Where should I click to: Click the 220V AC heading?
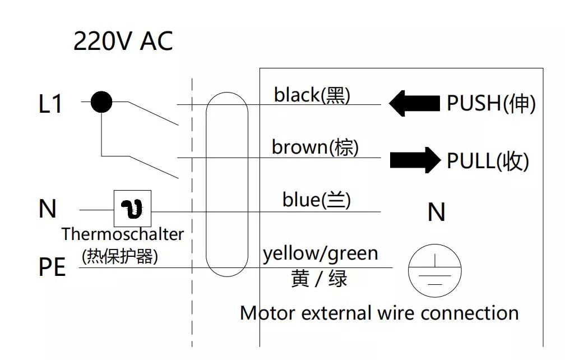[123, 41]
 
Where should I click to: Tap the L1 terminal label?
[50, 104]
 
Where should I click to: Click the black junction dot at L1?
[101, 102]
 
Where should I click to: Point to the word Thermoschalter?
[122, 233]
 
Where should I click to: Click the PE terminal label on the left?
[52, 267]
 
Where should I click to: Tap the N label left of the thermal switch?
[48, 209]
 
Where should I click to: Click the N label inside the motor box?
[437, 213]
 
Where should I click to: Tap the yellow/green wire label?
[321, 254]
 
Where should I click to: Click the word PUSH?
[473, 104]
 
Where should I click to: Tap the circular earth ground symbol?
[434, 272]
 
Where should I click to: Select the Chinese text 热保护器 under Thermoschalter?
[120, 256]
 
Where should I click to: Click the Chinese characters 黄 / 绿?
[319, 278]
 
